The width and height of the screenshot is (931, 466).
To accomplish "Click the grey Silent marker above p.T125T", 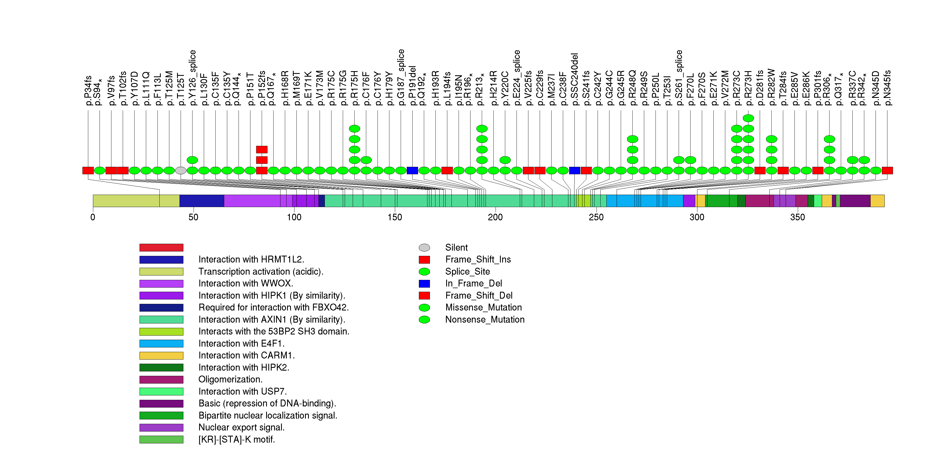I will (181, 170).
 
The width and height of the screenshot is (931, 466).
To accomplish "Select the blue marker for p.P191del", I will (412, 170).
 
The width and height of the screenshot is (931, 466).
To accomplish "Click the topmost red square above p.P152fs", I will (262, 149).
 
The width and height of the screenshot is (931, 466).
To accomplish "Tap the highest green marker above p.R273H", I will (748, 118).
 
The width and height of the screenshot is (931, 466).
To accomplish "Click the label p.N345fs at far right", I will (887, 87).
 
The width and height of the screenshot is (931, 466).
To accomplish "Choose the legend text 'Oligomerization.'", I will (230, 379).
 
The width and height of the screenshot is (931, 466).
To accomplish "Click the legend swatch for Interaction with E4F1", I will (161, 344).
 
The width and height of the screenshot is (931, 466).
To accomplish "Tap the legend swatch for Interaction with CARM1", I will (161, 355).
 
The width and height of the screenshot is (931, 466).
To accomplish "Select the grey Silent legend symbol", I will (424, 247).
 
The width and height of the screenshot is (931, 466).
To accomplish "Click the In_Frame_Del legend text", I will (473, 283).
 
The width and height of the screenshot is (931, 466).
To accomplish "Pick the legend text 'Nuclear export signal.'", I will (241, 427).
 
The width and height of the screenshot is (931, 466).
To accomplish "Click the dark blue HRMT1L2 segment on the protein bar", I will (202, 201).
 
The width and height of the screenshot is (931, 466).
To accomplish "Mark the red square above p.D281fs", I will (760, 170).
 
